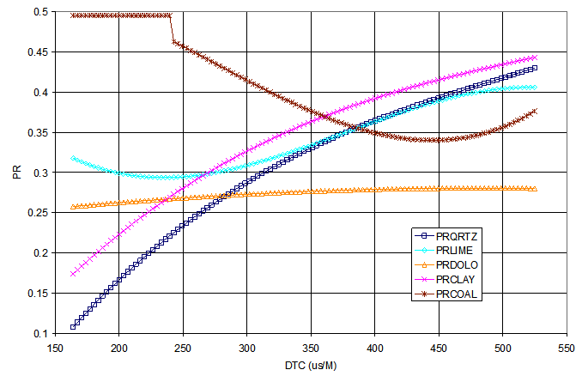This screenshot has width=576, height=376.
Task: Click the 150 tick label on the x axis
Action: pos(55,350)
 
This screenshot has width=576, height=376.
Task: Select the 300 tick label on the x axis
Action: pos(246,350)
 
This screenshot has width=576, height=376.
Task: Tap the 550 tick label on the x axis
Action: pos(566,350)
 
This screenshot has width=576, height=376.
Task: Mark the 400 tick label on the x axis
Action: pos(374,350)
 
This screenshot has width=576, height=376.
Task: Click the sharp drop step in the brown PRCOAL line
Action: pos(172,27)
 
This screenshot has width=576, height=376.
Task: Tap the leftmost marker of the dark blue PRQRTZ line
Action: pos(73,327)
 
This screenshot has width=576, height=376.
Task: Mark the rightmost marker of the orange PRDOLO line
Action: pos(535,189)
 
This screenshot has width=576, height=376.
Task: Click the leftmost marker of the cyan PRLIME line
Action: pos(73,159)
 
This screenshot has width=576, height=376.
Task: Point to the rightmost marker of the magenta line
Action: pos(535,58)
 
